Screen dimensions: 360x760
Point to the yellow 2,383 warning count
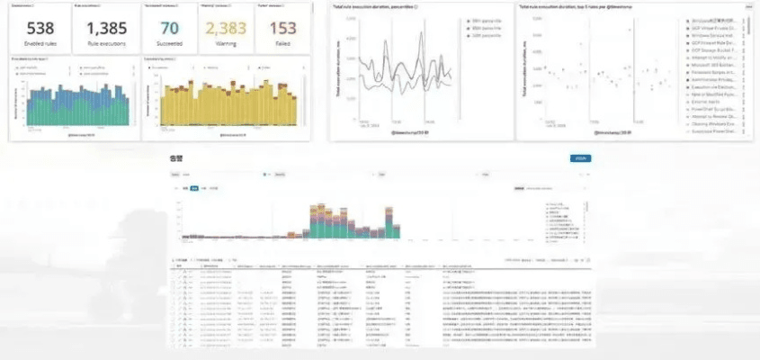point(226,28)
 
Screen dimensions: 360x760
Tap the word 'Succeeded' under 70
point(169,43)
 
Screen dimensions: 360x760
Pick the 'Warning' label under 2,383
point(226,43)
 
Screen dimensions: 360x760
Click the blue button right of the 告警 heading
point(581,158)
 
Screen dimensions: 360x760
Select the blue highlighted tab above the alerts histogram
point(193,189)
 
